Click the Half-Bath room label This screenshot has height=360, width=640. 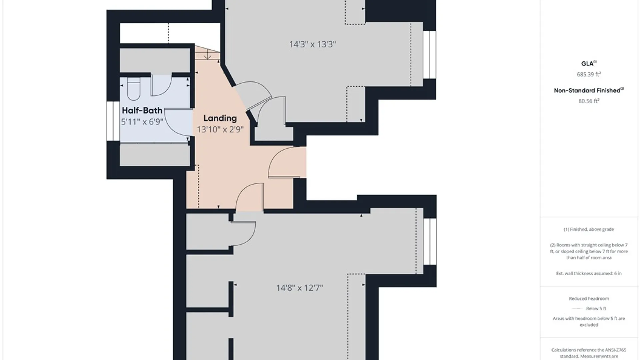pos(142,110)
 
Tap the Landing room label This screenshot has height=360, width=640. pos(220,118)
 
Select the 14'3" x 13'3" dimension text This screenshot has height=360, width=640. pos(312,44)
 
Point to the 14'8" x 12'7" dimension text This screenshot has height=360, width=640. pos(299,288)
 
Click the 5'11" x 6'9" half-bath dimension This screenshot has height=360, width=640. pos(142,122)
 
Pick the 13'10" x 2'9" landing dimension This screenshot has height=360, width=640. pos(220,129)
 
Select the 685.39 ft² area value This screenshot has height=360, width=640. pos(589,74)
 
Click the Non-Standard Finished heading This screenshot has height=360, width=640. pos(589,90)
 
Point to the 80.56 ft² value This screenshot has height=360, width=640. pos(589,101)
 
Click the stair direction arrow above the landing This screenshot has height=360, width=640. pos(208,54)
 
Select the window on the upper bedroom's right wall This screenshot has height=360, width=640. pos(430,55)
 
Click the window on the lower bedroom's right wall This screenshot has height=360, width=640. pos(430,242)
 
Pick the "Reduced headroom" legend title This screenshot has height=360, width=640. pos(589,299)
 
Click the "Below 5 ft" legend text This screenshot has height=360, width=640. pos(596,309)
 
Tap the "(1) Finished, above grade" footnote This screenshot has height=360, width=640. pos(589,229)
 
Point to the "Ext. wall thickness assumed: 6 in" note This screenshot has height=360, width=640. pos(589,273)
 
